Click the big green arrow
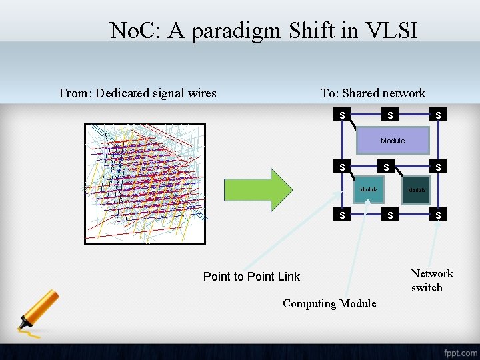(257, 189)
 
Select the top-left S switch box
(342, 115)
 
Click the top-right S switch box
(437, 115)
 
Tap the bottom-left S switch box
(342, 215)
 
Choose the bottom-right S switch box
(437, 215)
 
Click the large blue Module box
(393, 141)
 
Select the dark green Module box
(416, 190)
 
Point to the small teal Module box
(369, 190)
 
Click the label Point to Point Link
(251, 277)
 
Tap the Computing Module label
(329, 303)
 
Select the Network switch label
(431, 281)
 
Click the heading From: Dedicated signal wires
(137, 93)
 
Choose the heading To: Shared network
(373, 93)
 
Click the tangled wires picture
(145, 183)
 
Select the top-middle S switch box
(389, 115)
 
